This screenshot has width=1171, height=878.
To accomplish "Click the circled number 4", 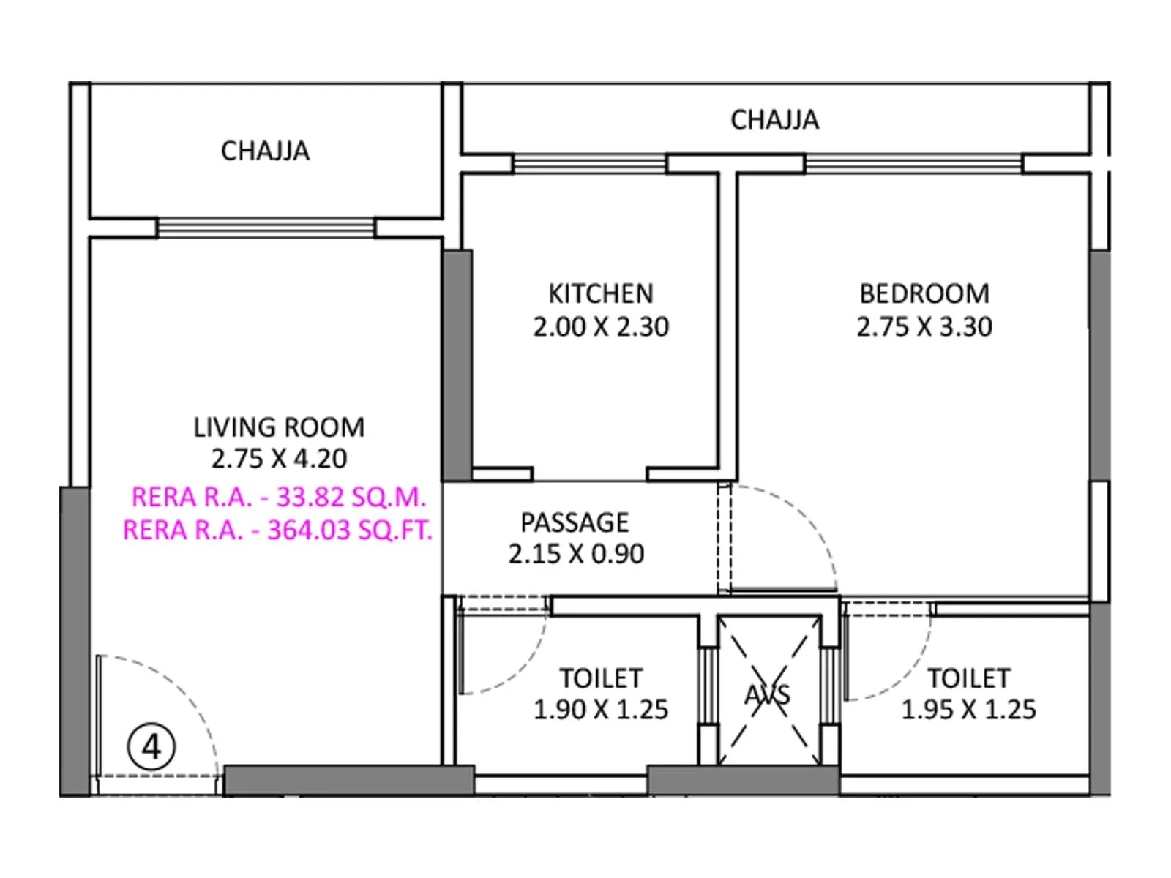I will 151,747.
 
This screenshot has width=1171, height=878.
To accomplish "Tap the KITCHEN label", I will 600,293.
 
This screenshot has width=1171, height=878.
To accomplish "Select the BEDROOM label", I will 924,293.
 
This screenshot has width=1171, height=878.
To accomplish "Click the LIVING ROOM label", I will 279,427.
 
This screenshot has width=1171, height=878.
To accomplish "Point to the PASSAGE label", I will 575,522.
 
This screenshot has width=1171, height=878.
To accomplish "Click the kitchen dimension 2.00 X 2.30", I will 600,326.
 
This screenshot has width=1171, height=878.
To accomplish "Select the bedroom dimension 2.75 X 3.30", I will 924,326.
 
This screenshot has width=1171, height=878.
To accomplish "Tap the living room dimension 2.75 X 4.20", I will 279,459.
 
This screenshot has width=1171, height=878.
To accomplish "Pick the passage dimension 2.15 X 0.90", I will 576,554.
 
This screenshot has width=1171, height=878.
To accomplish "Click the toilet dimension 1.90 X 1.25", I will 600,710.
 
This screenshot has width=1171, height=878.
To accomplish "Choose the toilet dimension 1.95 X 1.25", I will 968,710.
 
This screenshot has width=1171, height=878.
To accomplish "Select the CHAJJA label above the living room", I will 265,151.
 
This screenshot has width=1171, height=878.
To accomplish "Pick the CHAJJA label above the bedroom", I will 774,120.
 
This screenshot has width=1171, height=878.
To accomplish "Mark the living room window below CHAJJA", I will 266,228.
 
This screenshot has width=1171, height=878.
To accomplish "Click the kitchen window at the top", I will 589,163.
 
